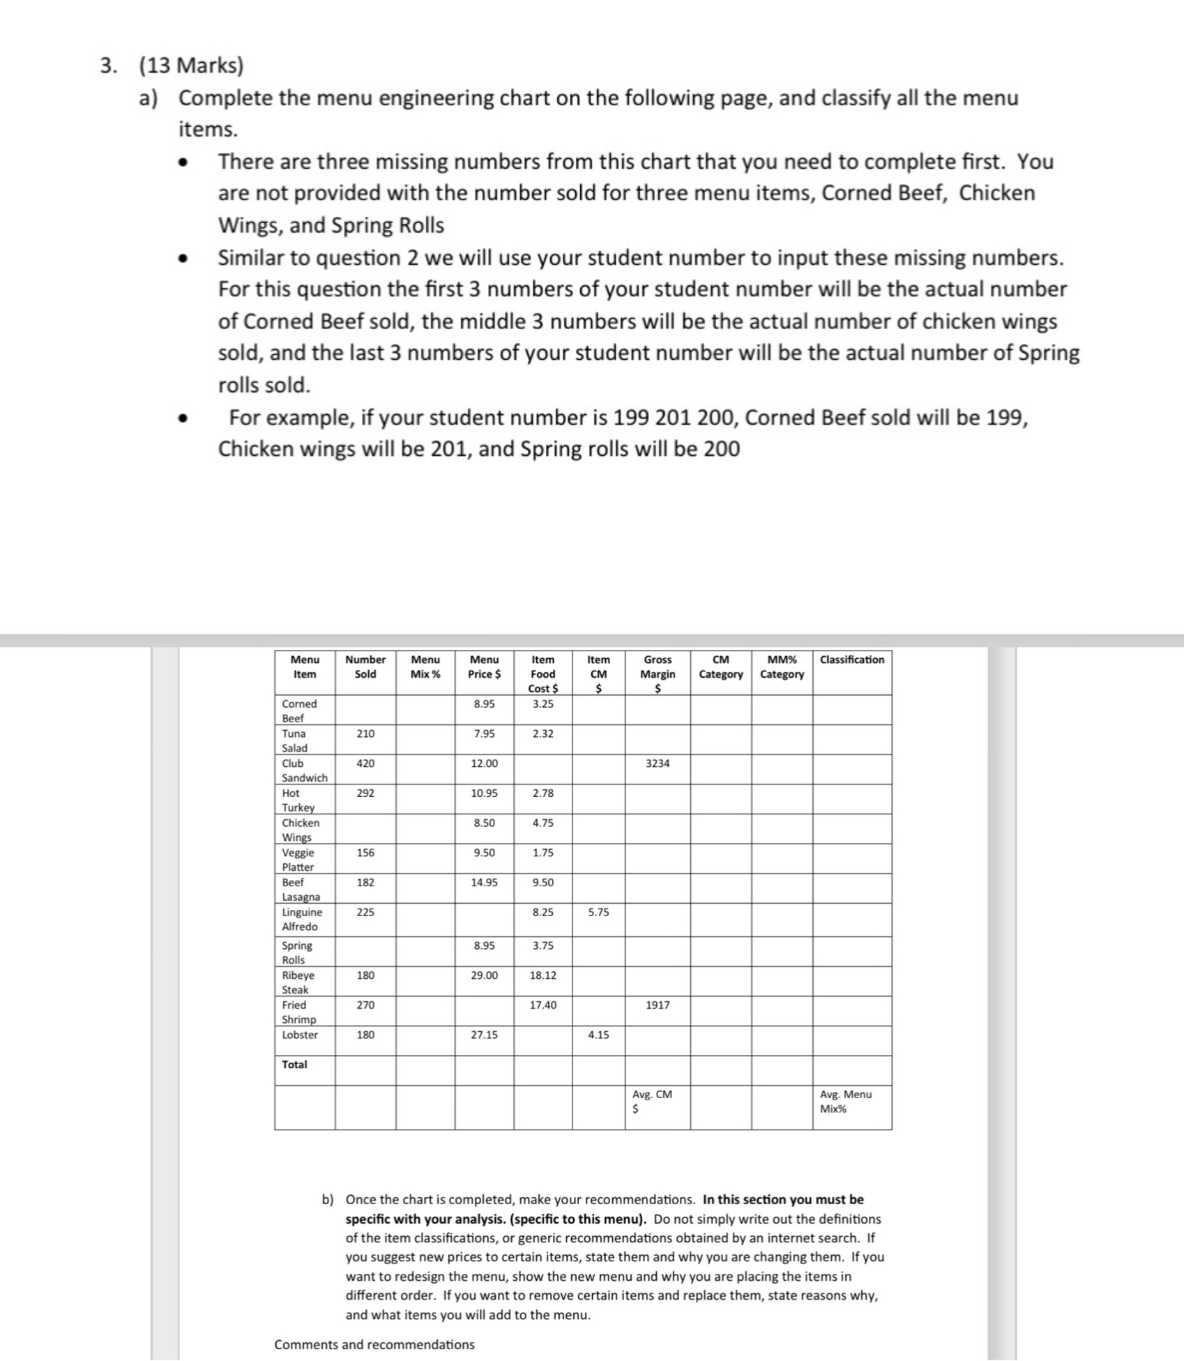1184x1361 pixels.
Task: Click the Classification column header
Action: [x=851, y=660]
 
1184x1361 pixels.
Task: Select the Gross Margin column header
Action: [x=658, y=674]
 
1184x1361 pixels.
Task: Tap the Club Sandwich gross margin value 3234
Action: [x=658, y=763]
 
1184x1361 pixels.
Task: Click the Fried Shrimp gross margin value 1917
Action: [x=658, y=1005]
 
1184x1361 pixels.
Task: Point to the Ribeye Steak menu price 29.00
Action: [x=484, y=975]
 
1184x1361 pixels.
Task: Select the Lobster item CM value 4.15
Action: [x=598, y=1035]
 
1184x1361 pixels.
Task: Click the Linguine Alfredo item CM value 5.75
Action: [x=598, y=912]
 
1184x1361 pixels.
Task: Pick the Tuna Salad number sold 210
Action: [x=365, y=733]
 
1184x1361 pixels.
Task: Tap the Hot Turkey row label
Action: [x=298, y=800]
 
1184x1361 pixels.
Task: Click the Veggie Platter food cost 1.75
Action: [x=542, y=853]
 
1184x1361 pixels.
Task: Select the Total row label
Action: [x=294, y=1065]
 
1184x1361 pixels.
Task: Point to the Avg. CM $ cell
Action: [x=652, y=1102]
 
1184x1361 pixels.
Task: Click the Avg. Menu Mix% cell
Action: [x=845, y=1102]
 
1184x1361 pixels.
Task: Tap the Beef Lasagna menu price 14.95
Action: [x=484, y=883]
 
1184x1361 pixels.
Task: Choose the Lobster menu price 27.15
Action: [x=484, y=1035]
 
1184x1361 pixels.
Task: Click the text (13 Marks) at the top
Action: [x=191, y=66]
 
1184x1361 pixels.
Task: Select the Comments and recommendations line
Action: [x=374, y=1344]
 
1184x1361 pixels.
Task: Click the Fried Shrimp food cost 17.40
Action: [x=542, y=1005]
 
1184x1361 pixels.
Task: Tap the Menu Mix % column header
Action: [x=425, y=667]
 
